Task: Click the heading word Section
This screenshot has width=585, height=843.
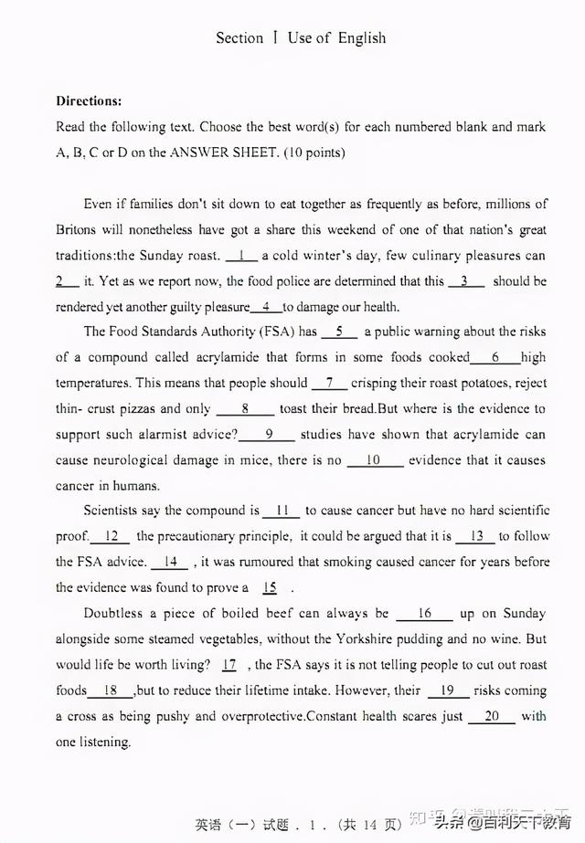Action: click(239, 38)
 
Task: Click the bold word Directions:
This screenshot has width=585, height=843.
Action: click(89, 101)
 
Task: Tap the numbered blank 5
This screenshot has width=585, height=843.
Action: click(339, 332)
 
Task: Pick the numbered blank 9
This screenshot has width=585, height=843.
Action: click(269, 435)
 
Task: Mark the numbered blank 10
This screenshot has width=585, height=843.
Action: click(373, 460)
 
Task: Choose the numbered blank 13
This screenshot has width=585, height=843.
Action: click(475, 536)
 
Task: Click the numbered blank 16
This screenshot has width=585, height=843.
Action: click(424, 614)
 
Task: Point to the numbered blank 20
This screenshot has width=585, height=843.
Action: click(492, 716)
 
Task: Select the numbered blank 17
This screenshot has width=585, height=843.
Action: click(229, 665)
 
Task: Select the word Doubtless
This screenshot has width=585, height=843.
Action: click(115, 614)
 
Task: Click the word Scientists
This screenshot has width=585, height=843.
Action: click(115, 511)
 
